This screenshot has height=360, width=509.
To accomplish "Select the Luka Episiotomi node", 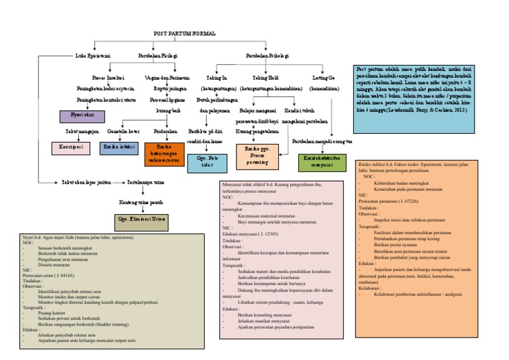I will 92,56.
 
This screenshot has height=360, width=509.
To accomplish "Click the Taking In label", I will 216,78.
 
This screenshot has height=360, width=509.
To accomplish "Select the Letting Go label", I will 323,78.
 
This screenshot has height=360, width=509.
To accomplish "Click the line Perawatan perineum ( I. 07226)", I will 388,200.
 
